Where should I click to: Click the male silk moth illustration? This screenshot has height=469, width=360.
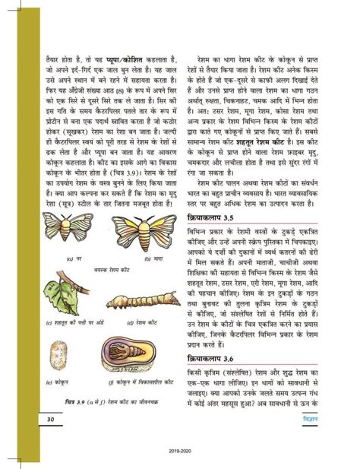pyautogui.click(x=67, y=227)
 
